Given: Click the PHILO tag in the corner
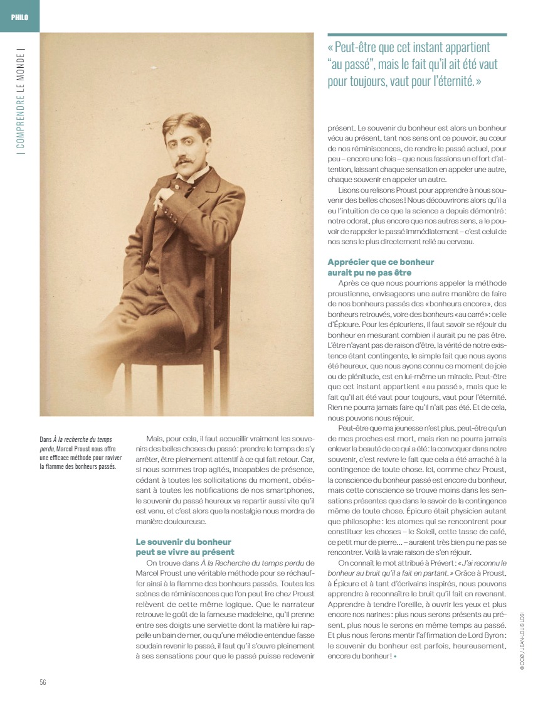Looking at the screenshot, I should pos(19,16).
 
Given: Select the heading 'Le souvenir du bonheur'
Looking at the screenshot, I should pos(184,541).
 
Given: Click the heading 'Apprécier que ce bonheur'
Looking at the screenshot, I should pos(381,262).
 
